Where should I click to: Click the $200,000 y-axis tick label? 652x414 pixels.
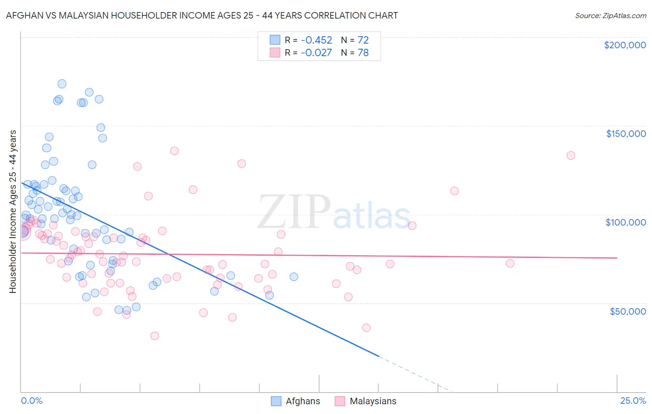(625, 45)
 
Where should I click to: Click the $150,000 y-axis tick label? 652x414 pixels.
(626, 134)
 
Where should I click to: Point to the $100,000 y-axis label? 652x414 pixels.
(626, 222)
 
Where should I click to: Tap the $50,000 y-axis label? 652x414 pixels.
(627, 311)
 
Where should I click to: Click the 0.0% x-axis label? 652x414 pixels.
(32, 401)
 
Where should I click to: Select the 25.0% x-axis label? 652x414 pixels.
(633, 401)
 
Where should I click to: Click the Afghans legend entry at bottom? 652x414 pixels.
(302, 401)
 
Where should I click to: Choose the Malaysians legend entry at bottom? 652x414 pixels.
(372, 401)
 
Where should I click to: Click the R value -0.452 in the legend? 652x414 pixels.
(316, 40)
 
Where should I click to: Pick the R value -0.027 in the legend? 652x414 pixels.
(316, 53)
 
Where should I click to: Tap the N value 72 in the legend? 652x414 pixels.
(363, 40)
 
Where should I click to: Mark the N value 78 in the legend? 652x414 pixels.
(363, 53)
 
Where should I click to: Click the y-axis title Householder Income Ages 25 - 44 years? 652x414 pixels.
(13, 212)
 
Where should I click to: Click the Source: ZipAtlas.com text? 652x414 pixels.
(610, 16)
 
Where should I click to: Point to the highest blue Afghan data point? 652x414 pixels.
(62, 84)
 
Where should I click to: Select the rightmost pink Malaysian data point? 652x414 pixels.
(571, 155)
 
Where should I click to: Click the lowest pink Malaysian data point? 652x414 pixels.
(155, 336)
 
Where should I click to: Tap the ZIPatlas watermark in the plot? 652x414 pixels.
(334, 213)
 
